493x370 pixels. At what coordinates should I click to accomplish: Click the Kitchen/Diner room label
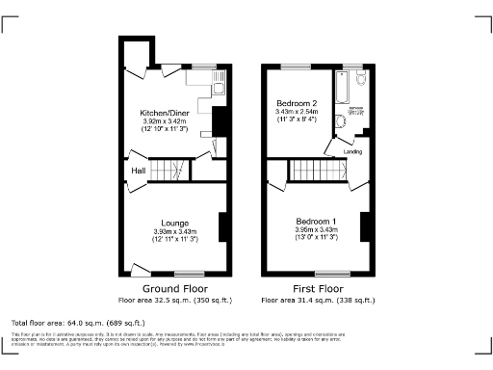point(158,113)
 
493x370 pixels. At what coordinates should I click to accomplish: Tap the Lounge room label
point(174,223)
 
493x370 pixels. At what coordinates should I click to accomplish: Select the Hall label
point(139,172)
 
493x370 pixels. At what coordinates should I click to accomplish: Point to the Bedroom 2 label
point(297,103)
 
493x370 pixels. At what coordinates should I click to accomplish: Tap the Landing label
point(353,151)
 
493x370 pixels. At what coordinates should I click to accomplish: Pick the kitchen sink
point(218,92)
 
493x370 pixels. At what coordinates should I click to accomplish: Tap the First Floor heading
point(317,288)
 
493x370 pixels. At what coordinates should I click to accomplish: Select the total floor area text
point(78,322)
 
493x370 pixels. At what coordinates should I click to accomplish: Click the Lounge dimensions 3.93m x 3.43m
point(174,231)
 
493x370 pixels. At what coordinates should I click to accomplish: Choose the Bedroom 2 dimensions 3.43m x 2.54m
point(297,112)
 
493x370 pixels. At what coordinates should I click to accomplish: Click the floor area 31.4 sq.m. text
point(317,299)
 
